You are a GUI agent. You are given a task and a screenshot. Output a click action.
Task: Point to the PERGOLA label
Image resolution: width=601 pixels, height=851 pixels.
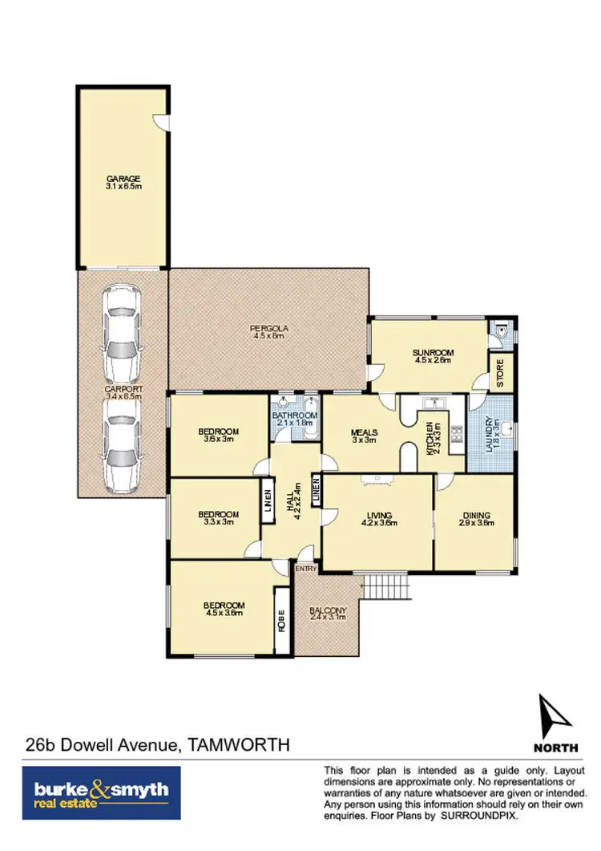point(268,328)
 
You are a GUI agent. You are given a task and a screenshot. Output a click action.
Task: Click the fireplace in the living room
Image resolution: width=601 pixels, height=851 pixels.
point(376,480)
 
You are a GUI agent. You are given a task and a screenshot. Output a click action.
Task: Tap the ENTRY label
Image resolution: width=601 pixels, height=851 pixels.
point(305,569)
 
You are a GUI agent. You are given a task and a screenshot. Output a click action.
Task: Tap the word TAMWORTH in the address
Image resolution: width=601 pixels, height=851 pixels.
point(238,745)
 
